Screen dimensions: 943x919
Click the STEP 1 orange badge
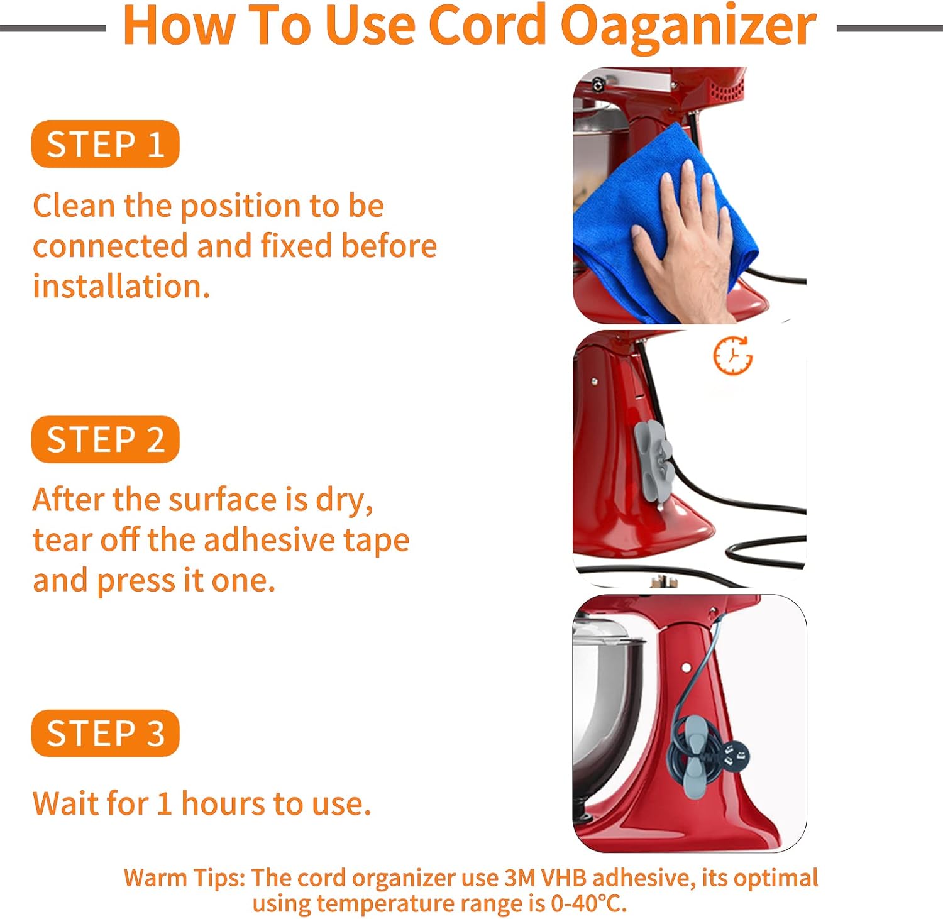tap(105, 144)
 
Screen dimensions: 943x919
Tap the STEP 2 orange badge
tap(105, 439)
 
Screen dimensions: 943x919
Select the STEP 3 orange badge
tap(105, 733)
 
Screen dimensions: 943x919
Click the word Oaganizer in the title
tap(688, 26)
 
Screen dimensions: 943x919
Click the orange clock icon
tap(733, 356)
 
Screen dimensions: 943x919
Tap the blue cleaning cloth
tap(660, 220)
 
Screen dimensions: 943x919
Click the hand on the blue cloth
tap(682, 242)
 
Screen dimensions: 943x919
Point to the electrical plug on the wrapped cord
tap(736, 755)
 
